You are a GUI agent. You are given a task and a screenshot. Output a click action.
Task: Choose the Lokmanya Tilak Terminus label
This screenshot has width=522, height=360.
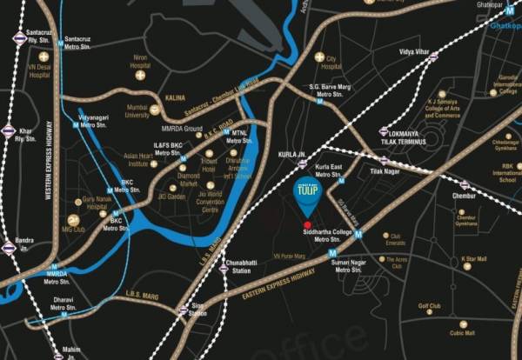[401, 137]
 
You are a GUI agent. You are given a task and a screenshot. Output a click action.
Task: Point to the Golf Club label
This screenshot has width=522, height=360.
[430, 306]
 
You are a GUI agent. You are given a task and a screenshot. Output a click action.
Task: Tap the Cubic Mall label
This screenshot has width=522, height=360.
[462, 332]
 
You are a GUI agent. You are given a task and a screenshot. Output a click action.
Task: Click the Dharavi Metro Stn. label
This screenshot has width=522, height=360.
[63, 303]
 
